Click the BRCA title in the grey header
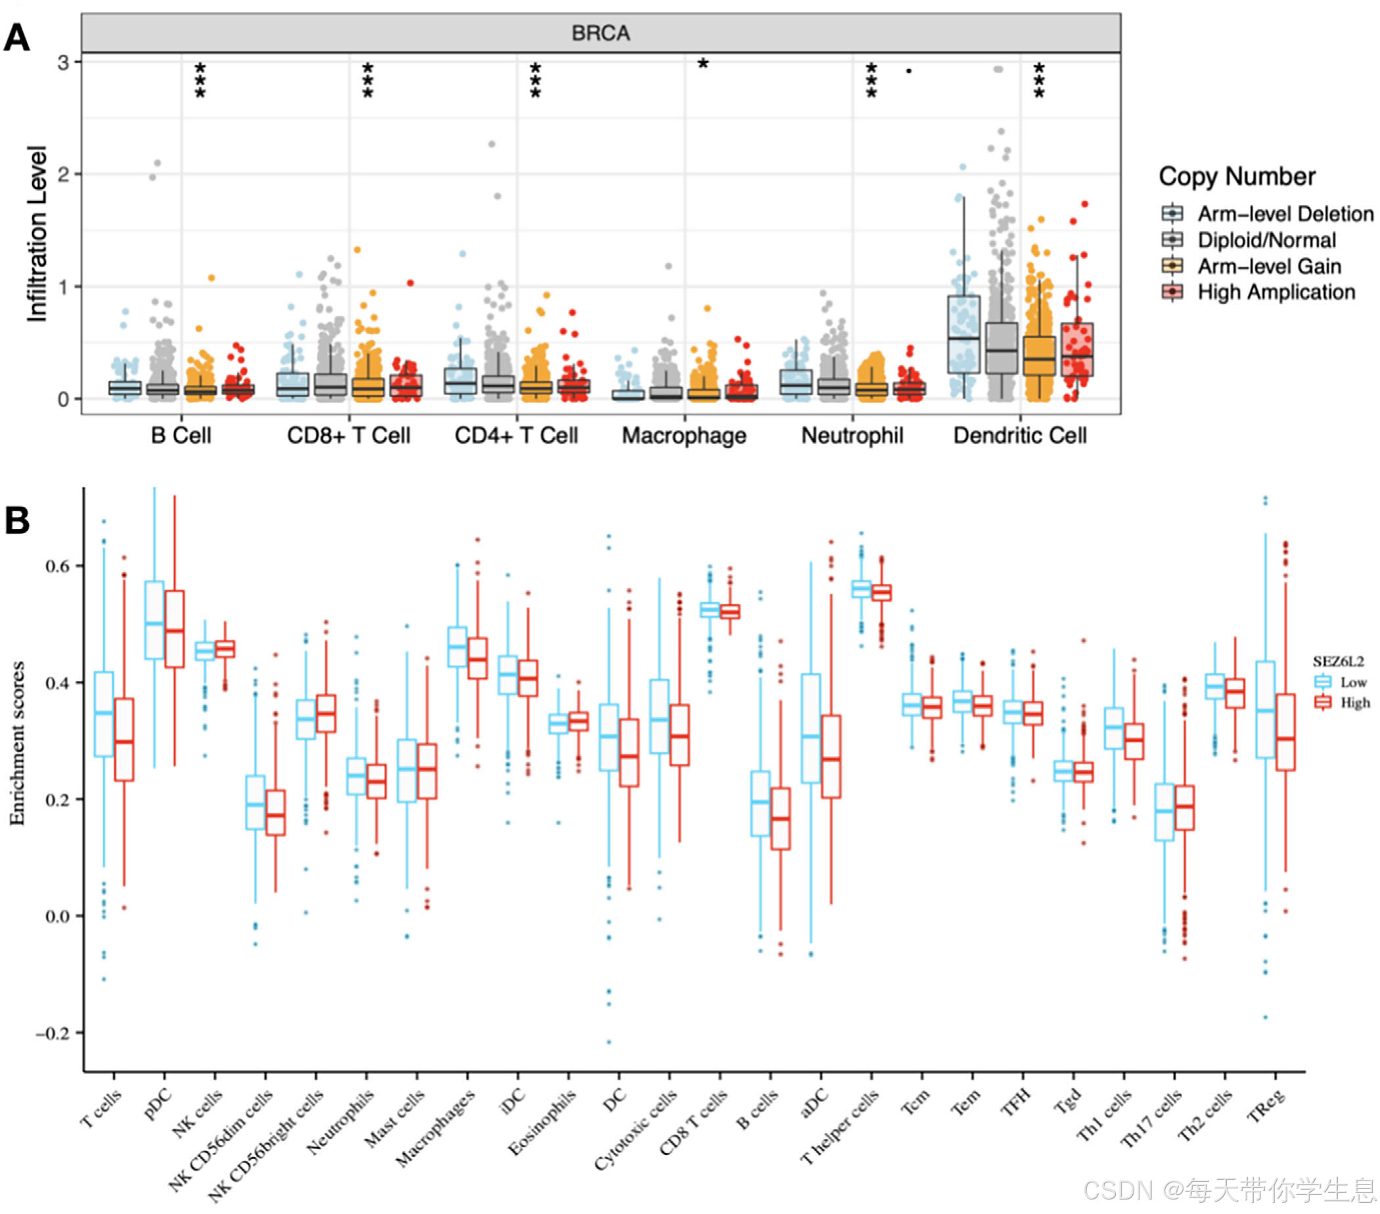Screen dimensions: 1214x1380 (600, 33)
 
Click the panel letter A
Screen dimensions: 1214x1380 (17, 38)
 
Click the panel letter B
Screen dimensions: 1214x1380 (18, 521)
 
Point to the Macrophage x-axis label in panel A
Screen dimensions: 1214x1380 (684, 436)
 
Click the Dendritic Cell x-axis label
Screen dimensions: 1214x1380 (1019, 436)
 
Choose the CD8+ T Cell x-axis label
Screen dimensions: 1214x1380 (348, 436)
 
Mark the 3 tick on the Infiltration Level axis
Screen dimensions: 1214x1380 (64, 63)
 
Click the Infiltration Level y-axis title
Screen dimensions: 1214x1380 (37, 233)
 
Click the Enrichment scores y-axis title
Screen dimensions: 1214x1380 (17, 743)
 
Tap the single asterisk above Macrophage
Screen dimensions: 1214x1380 (703, 65)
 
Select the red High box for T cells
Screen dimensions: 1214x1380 (124, 740)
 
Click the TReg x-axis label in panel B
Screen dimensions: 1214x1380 (1264, 1108)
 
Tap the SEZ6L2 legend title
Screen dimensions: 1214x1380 (1337, 662)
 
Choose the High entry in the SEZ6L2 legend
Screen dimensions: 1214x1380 (1353, 702)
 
